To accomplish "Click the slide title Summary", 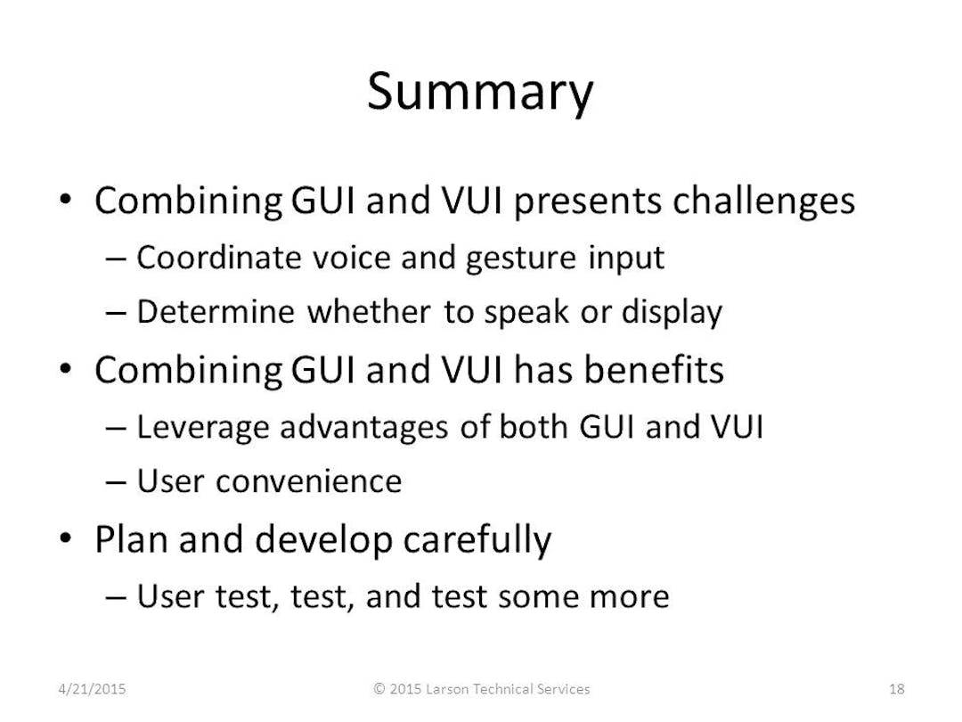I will (x=479, y=92).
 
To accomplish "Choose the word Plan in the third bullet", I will (x=128, y=539).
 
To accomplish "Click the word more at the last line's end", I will (x=634, y=596).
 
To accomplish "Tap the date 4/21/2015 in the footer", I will (x=92, y=688).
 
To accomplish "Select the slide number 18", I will (x=897, y=688).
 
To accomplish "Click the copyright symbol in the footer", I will (x=379, y=688).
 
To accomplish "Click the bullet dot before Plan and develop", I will (x=69, y=539).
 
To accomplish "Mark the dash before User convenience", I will (x=115, y=483).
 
